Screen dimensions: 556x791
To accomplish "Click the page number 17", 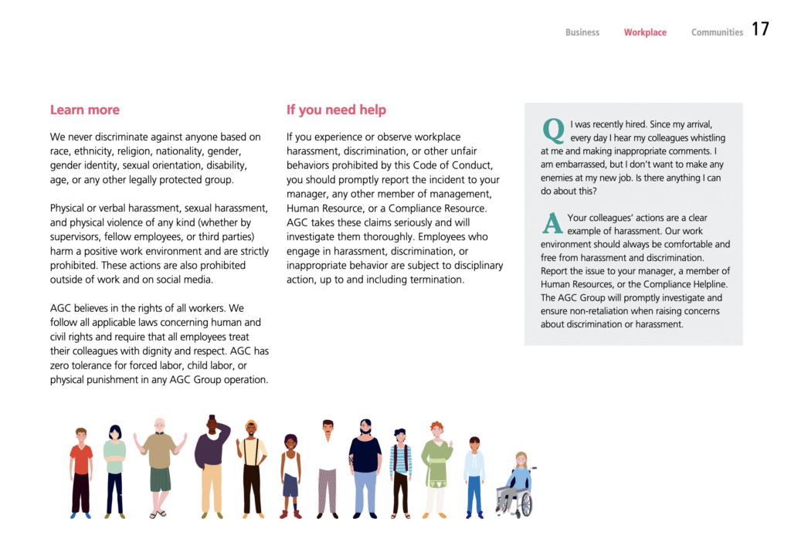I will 760,29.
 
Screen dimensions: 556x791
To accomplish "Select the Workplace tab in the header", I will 645,32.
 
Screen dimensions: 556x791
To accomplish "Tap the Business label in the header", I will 582,32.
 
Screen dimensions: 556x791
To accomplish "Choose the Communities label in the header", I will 717,32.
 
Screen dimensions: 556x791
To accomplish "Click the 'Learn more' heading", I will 85,110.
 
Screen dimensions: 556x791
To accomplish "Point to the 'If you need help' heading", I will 336,110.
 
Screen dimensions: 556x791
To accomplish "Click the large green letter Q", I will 553,129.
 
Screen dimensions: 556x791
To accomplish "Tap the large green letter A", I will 552,222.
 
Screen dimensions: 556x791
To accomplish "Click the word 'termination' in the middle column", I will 436,280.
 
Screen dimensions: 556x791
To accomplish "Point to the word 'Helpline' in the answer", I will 705,284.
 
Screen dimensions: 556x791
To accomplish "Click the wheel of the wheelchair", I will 525,504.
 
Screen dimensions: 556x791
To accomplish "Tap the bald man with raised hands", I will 158,463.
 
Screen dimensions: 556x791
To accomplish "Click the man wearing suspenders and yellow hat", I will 251,467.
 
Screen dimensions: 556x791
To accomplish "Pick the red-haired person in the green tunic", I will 436,467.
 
